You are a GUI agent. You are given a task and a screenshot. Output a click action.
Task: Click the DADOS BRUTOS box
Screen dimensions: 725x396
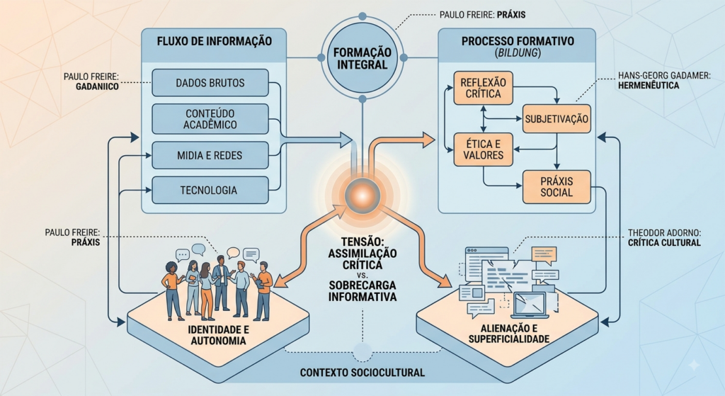[x=210, y=83]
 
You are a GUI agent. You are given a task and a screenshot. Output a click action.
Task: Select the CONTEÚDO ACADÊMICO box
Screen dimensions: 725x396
[x=210, y=119]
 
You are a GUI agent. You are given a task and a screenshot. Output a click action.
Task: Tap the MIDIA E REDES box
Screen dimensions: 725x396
[x=210, y=155]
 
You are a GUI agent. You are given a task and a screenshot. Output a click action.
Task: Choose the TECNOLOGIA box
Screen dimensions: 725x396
[x=210, y=190]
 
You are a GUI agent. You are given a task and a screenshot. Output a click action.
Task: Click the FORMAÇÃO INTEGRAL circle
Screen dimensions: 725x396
[x=362, y=58]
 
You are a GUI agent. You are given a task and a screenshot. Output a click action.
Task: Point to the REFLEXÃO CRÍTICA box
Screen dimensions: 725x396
[x=483, y=88]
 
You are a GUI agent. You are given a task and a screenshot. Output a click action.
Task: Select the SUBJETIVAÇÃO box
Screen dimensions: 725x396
[x=556, y=119]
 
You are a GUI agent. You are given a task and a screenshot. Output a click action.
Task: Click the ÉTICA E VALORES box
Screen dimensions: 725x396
[x=483, y=149]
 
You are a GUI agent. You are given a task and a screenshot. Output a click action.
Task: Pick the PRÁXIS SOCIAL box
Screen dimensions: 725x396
[x=556, y=187]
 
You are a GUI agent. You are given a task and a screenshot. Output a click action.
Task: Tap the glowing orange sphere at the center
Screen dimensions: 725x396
[x=362, y=196]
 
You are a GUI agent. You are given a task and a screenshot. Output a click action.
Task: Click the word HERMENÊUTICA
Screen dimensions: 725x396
[x=649, y=85]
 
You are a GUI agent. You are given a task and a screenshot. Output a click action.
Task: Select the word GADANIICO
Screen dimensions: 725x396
[x=97, y=86]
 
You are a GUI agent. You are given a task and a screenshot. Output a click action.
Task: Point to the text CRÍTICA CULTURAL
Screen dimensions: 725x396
[x=664, y=242]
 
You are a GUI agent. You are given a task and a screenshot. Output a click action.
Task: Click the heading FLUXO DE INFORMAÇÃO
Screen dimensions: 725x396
[x=214, y=40]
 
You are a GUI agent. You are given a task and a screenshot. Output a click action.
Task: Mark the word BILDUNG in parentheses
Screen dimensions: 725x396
[x=518, y=53]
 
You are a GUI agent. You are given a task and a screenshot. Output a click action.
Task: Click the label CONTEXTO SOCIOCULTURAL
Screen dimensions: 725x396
[x=362, y=373]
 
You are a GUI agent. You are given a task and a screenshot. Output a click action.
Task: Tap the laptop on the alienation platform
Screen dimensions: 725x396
[x=531, y=305]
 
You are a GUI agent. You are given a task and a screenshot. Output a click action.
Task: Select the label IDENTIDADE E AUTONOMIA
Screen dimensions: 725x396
[x=218, y=335]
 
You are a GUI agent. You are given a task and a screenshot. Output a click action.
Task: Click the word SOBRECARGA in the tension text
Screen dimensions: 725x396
[x=362, y=285]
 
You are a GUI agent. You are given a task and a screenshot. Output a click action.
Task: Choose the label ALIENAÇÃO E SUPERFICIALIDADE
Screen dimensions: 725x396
[x=508, y=334]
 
